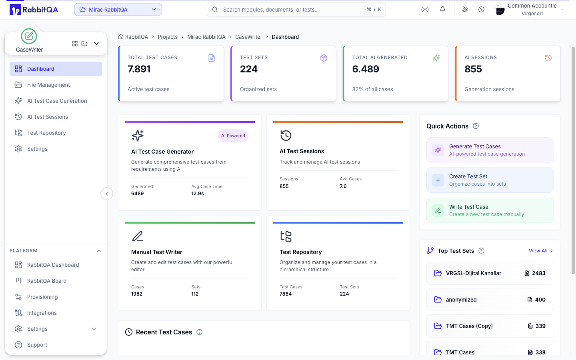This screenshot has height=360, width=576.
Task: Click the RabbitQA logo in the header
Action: [34, 10]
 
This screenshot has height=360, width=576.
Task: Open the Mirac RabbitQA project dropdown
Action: [118, 10]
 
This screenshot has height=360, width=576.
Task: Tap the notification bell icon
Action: [442, 10]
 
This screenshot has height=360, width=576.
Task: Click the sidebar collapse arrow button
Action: [107, 194]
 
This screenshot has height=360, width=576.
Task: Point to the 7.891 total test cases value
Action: [139, 69]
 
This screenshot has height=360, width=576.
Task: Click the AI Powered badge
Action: [233, 136]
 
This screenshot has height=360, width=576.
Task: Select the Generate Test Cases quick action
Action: [490, 150]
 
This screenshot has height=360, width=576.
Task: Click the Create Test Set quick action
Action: [490, 180]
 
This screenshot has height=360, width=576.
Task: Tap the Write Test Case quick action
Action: [490, 210]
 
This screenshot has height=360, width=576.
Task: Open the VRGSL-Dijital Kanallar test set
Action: [490, 273]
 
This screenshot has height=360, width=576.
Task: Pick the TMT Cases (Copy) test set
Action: [490, 326]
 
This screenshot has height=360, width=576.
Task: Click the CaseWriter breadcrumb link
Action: [249, 37]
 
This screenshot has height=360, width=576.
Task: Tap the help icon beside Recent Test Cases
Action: [199, 332]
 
